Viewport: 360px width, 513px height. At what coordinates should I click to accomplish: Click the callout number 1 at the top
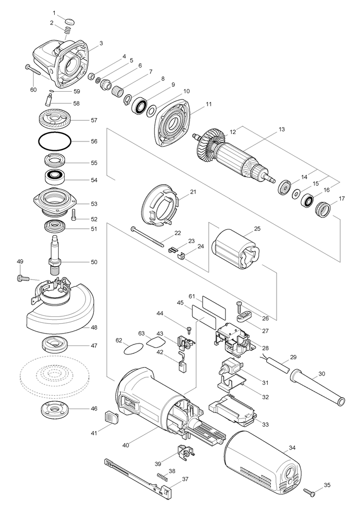coord(54,13)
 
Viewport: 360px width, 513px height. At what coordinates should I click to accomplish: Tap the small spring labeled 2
coord(68,30)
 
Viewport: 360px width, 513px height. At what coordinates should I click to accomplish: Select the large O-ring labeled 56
coord(55,141)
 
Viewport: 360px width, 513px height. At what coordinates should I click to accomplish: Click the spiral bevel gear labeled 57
coord(54,120)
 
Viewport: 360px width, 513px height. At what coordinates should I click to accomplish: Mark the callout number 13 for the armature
coord(282,129)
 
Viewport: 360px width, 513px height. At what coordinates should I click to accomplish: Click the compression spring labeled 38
coord(163,477)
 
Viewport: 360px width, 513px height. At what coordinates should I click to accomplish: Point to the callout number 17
coord(342,199)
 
